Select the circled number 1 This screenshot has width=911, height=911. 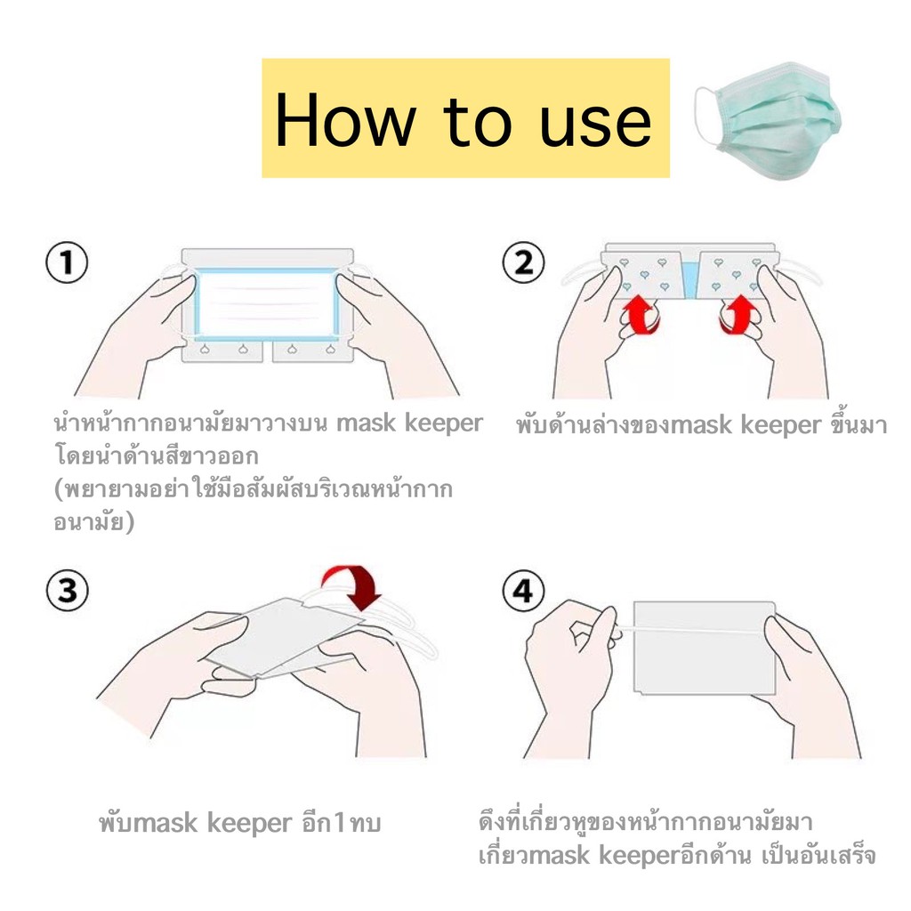pyautogui.click(x=67, y=262)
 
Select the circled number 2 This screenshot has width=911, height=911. pyautogui.click(x=523, y=262)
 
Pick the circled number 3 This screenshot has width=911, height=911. pyautogui.click(x=67, y=591)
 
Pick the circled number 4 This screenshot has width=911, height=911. pyautogui.click(x=523, y=591)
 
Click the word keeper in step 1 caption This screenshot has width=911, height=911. pyautogui.click(x=443, y=423)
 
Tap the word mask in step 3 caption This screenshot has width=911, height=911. pyautogui.click(x=161, y=823)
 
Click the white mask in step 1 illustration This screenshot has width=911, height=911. pyautogui.click(x=266, y=304)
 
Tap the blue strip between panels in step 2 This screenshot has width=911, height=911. pyautogui.click(x=690, y=279)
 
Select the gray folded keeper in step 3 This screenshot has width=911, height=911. pyautogui.click(x=285, y=638)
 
